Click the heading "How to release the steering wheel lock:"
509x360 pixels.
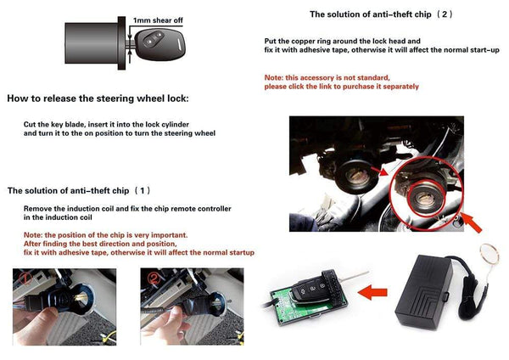pos(98,98)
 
